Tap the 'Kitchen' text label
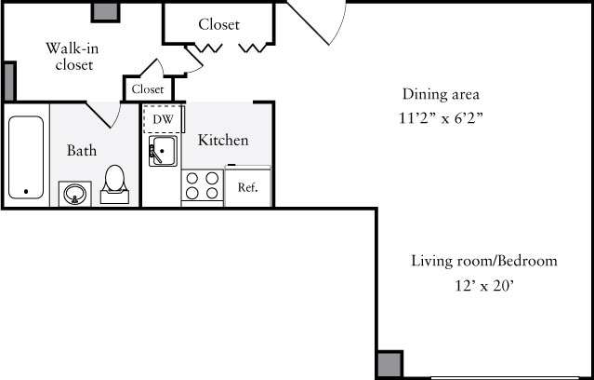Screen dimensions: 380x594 pyautogui.click(x=223, y=141)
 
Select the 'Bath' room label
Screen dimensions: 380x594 pyautogui.click(x=82, y=150)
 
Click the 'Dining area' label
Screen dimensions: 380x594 pyautogui.click(x=441, y=94)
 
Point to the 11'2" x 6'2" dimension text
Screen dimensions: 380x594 pyautogui.click(x=441, y=118)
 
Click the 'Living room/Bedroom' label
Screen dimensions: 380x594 pyautogui.click(x=484, y=261)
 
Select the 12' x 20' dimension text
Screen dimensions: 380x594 pyautogui.click(x=484, y=286)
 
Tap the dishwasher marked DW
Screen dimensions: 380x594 pyautogui.click(x=164, y=120)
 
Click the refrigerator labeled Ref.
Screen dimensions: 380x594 pyautogui.click(x=247, y=187)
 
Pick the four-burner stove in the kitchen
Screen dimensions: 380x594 pyautogui.click(x=202, y=186)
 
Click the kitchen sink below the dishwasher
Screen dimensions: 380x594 pyautogui.click(x=164, y=152)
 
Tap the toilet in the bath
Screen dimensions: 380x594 pyautogui.click(x=116, y=183)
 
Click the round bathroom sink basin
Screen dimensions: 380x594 pyautogui.click(x=73, y=194)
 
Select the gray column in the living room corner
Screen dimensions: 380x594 pyautogui.click(x=389, y=364)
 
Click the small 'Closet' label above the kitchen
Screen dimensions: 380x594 pyautogui.click(x=148, y=89)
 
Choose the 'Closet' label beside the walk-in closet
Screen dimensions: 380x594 pyautogui.click(x=218, y=24)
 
